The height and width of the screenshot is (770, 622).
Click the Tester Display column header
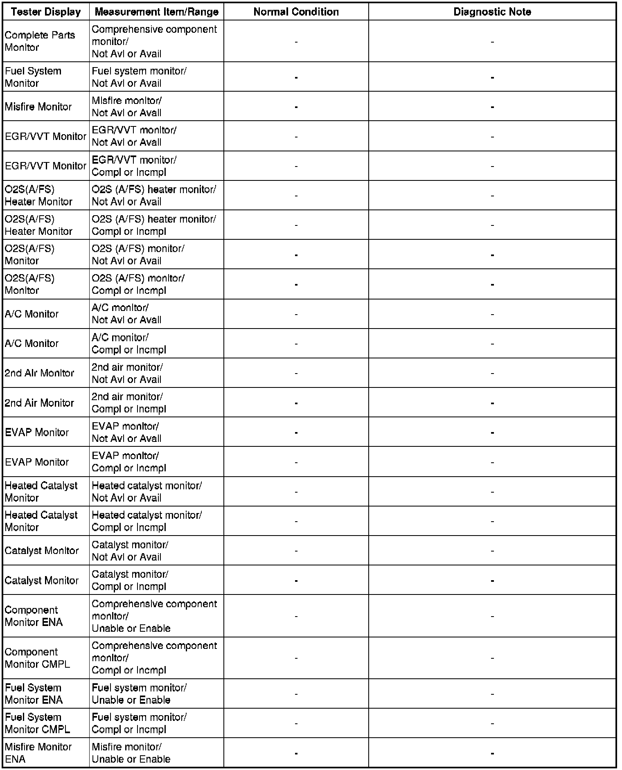tap(46, 12)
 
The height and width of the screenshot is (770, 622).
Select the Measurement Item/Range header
tap(156, 12)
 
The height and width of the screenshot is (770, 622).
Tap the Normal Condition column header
tap(296, 12)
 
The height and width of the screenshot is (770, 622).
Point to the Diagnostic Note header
tap(492, 12)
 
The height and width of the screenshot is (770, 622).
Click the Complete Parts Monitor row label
tap(40, 41)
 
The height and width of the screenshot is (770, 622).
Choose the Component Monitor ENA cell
tap(34, 616)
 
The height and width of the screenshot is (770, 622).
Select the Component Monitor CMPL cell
tap(37, 658)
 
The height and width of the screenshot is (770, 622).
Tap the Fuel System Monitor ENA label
tap(34, 694)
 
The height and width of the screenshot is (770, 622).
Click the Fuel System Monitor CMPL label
tap(37, 723)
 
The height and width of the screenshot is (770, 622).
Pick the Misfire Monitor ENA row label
tap(38, 753)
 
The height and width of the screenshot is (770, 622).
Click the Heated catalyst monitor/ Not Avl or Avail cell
tap(146, 492)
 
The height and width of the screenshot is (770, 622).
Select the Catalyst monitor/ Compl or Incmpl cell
tap(130, 580)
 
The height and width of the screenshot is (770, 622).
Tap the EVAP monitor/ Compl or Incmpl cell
tap(129, 462)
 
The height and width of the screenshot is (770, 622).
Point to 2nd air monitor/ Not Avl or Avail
tap(127, 373)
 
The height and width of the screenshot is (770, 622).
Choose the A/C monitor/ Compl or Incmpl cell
tap(129, 344)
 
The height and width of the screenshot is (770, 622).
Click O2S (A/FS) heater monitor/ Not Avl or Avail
tap(153, 196)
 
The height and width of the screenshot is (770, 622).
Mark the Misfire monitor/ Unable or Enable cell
tap(131, 753)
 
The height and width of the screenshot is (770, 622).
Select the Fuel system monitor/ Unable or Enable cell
tap(139, 694)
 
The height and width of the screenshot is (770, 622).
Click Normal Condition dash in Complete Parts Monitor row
tap(296, 42)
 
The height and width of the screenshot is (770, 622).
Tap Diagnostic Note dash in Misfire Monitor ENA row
tap(492, 753)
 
